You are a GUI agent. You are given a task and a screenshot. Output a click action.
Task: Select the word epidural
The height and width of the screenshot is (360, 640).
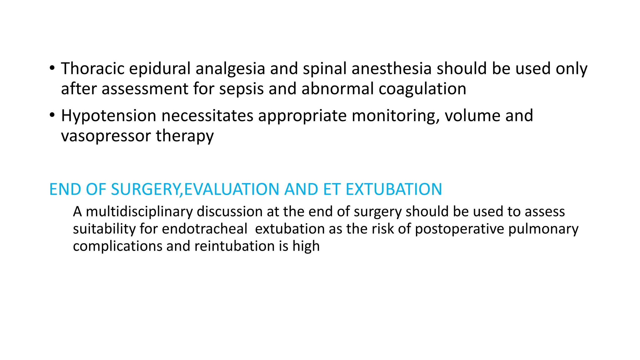click(x=160, y=68)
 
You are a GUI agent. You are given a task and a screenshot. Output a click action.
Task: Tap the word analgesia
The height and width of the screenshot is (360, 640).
click(x=230, y=68)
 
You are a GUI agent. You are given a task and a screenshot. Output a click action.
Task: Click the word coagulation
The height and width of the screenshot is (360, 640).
click(x=422, y=89)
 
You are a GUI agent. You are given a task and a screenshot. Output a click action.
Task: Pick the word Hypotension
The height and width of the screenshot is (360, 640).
click(x=108, y=116)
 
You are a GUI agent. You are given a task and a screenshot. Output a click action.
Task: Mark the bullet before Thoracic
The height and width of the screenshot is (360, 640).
click(x=52, y=68)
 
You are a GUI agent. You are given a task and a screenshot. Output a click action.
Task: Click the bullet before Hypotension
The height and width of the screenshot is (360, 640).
click(x=52, y=115)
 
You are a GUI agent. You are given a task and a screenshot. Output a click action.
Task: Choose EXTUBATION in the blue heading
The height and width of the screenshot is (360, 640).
click(x=394, y=189)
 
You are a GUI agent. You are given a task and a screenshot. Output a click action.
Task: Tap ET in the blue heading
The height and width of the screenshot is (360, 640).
click(x=332, y=189)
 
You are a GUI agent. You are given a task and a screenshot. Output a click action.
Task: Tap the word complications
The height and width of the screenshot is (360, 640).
click(x=117, y=246)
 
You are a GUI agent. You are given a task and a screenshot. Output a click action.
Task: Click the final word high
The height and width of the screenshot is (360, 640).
click(x=306, y=246)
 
